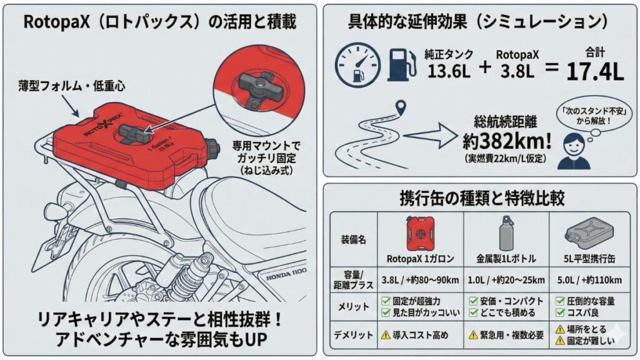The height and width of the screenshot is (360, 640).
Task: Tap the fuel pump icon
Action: click(402, 64)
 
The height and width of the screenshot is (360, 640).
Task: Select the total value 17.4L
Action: click(594, 71)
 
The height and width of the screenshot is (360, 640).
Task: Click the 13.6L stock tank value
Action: click(449, 71)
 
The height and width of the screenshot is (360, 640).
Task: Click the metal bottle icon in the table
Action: click(506, 235)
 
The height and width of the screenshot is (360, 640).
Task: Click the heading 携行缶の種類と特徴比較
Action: click(481, 199)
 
